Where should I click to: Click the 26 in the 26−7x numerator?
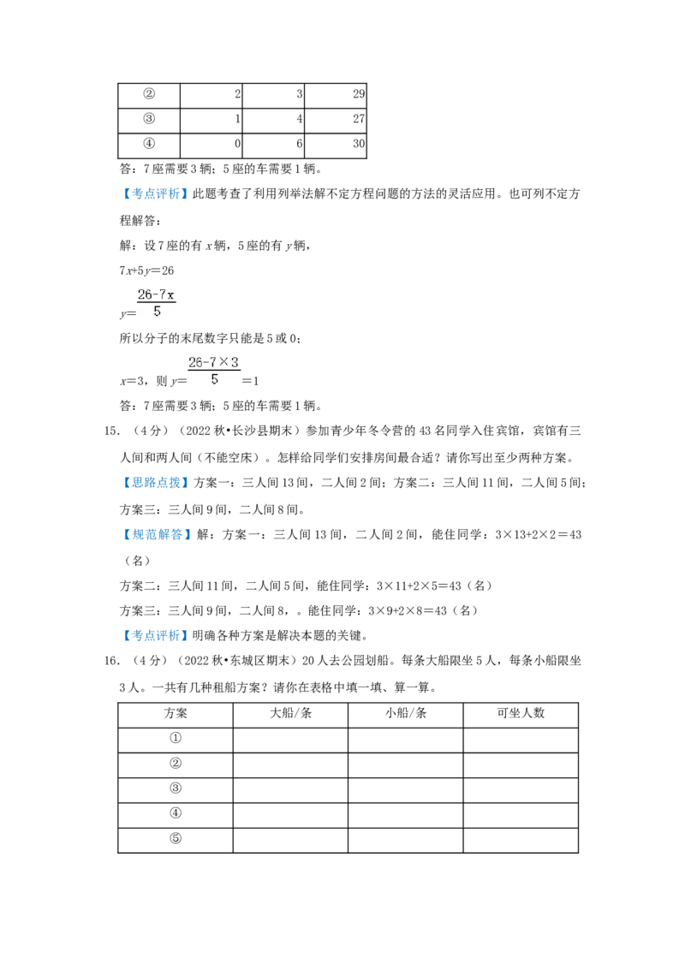[x=144, y=295]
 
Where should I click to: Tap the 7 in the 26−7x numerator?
[x=162, y=295]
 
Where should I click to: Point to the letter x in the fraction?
[x=171, y=295]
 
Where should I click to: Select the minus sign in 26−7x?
[x=154, y=295]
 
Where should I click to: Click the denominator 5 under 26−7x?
[x=157, y=312]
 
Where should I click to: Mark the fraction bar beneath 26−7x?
[x=157, y=303]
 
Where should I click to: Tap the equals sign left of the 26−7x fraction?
[x=133, y=316]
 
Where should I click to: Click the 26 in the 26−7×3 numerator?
[x=195, y=363]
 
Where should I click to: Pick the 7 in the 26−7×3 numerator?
[x=213, y=363]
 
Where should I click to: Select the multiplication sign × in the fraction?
[x=224, y=363]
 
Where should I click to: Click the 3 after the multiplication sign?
[x=235, y=363]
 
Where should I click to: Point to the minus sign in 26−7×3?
[x=205, y=363]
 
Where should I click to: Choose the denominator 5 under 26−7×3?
[x=214, y=379]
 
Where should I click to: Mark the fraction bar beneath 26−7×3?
[x=214, y=372]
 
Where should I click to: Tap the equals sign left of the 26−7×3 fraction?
[x=186, y=377]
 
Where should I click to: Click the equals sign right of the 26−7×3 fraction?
[x=244, y=377]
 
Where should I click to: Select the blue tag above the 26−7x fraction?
[x=157, y=195]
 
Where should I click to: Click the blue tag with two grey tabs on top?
[x=157, y=635]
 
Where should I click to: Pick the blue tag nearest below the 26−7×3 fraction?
[x=157, y=484]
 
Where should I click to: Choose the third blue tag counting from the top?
[x=157, y=535]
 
